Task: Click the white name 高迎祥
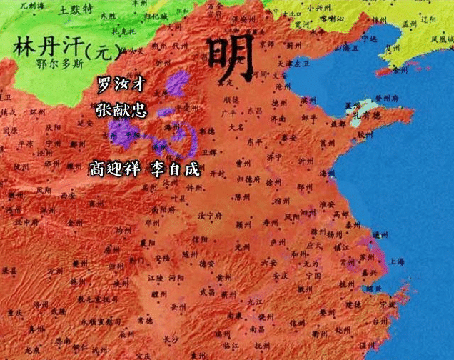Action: (114, 169)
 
